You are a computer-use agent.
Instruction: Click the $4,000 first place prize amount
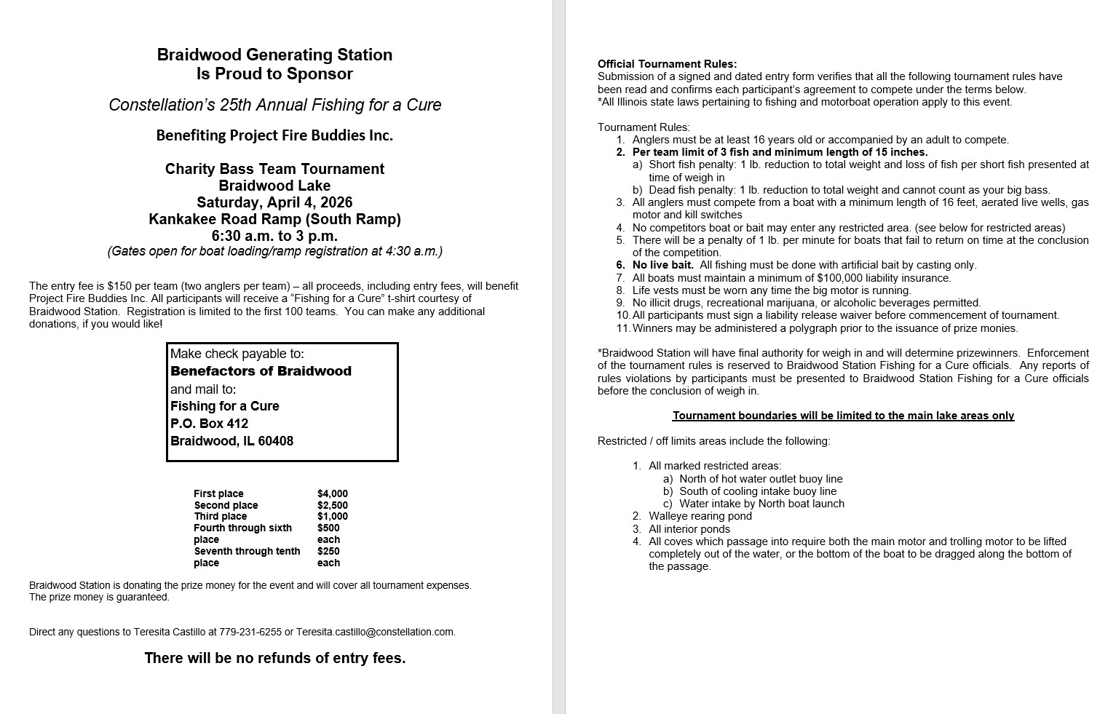(332, 493)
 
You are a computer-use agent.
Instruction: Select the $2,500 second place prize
(332, 505)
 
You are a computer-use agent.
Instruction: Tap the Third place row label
(221, 516)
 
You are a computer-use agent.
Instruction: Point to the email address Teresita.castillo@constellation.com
(375, 632)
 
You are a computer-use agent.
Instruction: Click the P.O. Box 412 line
(210, 424)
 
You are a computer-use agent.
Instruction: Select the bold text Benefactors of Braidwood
(261, 371)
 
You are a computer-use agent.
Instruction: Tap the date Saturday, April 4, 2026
(274, 202)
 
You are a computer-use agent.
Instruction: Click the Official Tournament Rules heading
(667, 64)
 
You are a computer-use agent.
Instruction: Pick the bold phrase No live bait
(662, 265)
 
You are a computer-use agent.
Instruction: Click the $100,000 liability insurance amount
(847, 278)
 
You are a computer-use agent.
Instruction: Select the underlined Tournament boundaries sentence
(843, 416)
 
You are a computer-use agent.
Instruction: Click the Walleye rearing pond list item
(700, 516)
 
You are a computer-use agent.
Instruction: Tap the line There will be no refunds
(274, 658)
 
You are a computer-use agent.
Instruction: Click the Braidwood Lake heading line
(274, 186)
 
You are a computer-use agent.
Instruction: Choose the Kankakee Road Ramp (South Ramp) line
(274, 219)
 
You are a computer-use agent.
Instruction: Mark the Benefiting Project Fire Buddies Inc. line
(274, 135)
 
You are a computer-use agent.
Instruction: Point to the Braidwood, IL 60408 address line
(231, 441)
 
